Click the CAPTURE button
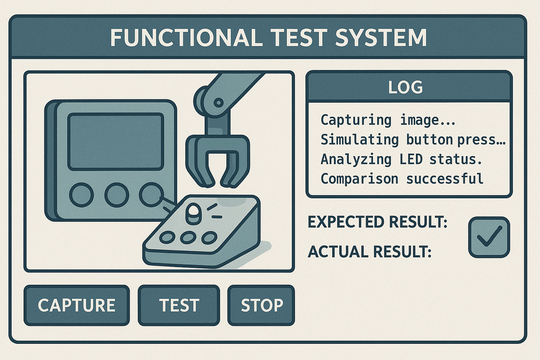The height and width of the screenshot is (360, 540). coord(77,305)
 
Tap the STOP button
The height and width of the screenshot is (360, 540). coord(261,305)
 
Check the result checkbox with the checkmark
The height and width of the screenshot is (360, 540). coord(489,237)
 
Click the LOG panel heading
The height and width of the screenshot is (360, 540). coord(405,87)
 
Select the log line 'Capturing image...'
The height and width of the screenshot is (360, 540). coord(388,120)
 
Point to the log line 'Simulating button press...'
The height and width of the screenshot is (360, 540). coord(413,140)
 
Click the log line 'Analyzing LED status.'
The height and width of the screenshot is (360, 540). coord(401,159)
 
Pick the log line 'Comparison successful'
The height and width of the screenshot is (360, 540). coord(402,179)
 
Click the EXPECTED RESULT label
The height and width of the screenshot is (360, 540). coord(378,222)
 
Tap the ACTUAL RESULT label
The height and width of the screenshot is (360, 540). coord(369,252)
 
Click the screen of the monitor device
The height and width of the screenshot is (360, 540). coord(116,142)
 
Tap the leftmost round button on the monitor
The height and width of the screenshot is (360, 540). coord(82,195)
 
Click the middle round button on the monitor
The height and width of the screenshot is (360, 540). coord(117,195)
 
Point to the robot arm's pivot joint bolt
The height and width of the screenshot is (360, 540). coord(218,103)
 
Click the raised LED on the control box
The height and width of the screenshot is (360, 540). coord(193,214)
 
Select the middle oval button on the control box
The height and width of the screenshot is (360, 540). coord(188,237)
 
